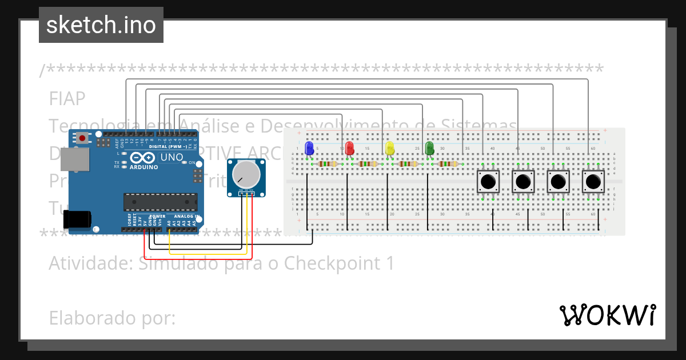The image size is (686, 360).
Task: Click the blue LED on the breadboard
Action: (309, 149)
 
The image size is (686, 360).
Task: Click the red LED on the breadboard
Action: (350, 149)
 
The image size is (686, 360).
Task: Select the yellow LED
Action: (390, 149)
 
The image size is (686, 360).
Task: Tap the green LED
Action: (430, 149)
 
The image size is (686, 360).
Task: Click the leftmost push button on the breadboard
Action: (488, 182)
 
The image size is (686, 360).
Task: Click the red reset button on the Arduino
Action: (83, 138)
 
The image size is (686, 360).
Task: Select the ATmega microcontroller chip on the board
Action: (160, 202)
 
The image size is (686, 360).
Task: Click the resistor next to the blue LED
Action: (328, 164)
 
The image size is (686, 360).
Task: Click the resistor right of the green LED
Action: (448, 164)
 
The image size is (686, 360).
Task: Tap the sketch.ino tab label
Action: (101, 25)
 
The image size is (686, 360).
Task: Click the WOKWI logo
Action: (607, 315)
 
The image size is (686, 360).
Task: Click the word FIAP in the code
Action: (67, 98)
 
